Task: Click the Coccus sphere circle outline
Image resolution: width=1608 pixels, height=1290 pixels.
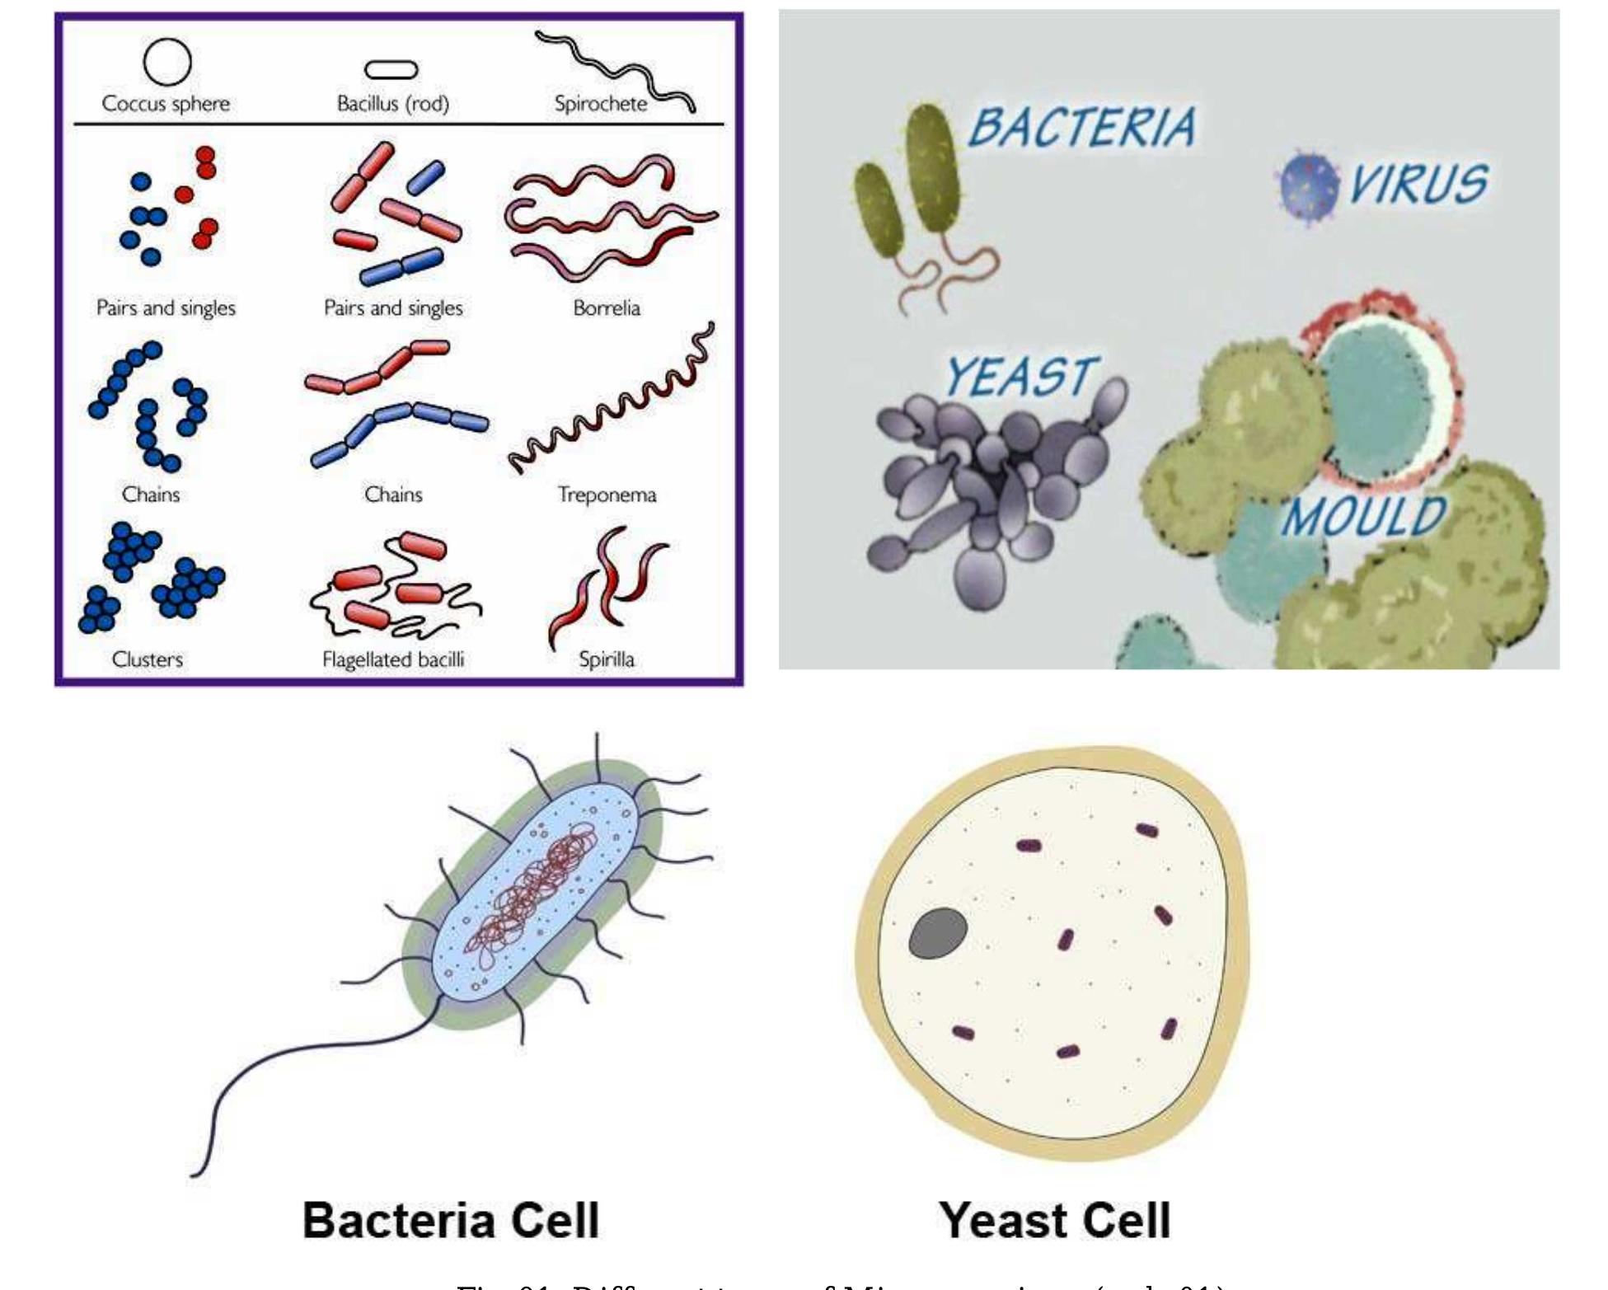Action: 167,62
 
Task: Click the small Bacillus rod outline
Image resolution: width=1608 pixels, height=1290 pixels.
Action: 391,70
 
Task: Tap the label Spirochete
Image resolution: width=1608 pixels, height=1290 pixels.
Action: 600,104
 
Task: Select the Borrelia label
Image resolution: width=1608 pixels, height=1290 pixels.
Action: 607,308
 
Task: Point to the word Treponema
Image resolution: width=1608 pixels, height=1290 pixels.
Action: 607,495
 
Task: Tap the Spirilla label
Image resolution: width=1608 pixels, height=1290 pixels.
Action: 607,659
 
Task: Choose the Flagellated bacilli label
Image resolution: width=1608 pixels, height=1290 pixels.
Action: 393,659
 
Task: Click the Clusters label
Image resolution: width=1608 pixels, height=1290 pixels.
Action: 148,659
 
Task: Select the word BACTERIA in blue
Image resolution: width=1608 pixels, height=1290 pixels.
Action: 1082,128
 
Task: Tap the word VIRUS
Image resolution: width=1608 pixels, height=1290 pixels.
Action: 1418,183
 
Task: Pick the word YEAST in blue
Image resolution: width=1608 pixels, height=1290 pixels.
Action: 1021,377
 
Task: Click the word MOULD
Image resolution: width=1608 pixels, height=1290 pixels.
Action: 1364,517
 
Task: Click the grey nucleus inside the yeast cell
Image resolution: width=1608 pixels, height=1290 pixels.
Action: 938,933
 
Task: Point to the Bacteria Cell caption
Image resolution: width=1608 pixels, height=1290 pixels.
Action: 451,1220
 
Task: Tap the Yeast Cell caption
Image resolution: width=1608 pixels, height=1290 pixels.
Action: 1054,1220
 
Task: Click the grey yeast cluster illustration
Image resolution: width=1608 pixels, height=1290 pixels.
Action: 993,486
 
